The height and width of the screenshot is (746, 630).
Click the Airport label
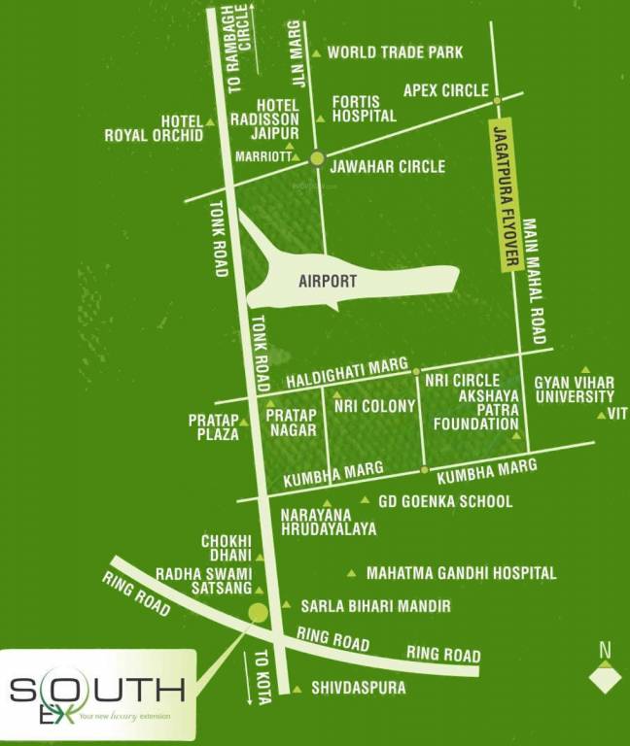[328, 282]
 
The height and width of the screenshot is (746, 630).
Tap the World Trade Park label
[395, 52]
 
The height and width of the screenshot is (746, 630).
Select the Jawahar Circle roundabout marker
[316, 159]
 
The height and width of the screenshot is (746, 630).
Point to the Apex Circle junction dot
[497, 100]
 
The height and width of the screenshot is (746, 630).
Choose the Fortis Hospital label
[364, 108]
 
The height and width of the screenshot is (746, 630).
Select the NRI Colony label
[374, 407]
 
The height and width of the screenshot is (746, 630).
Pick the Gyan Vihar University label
[574, 390]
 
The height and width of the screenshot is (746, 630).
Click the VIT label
[616, 414]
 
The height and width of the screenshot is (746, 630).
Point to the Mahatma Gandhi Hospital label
[461, 573]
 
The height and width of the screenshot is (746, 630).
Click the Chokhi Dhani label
[227, 548]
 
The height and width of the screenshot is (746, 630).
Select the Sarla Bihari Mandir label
[375, 606]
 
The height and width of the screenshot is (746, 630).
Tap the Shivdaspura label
[358, 689]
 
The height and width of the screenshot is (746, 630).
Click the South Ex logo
[97, 695]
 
